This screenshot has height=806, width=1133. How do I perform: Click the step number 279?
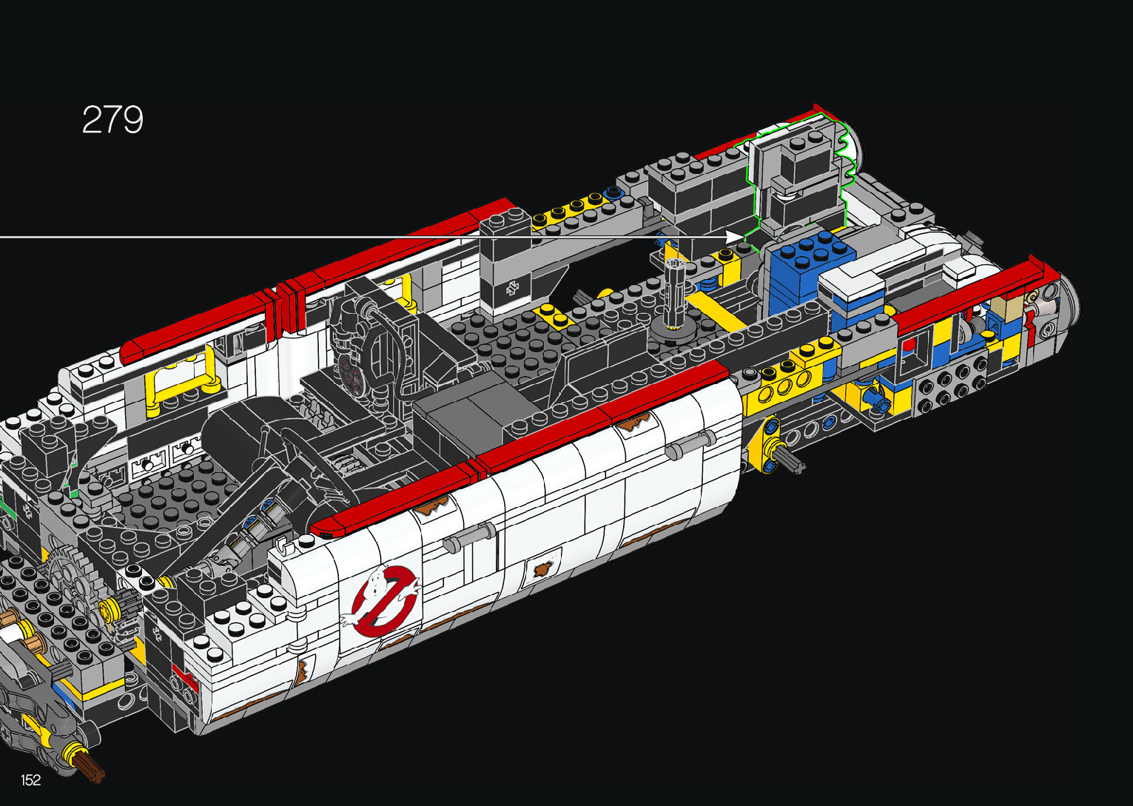pyautogui.click(x=112, y=119)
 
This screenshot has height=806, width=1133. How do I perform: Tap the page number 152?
pyautogui.click(x=31, y=779)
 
